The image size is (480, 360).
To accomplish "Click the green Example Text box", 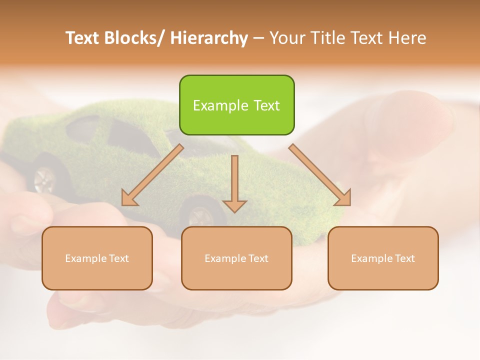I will [x=236, y=105].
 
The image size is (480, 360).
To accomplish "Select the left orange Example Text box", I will [x=97, y=258].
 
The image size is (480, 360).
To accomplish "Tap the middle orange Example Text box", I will [x=236, y=258].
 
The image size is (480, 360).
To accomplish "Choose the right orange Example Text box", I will [x=383, y=258].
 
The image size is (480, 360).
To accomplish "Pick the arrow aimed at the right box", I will [x=320, y=175].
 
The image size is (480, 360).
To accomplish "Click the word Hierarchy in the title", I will [x=209, y=38].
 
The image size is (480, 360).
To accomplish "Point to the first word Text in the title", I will [x=83, y=38].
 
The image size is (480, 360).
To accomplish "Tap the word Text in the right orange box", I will [x=404, y=258].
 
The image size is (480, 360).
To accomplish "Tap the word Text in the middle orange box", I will [x=257, y=258].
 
